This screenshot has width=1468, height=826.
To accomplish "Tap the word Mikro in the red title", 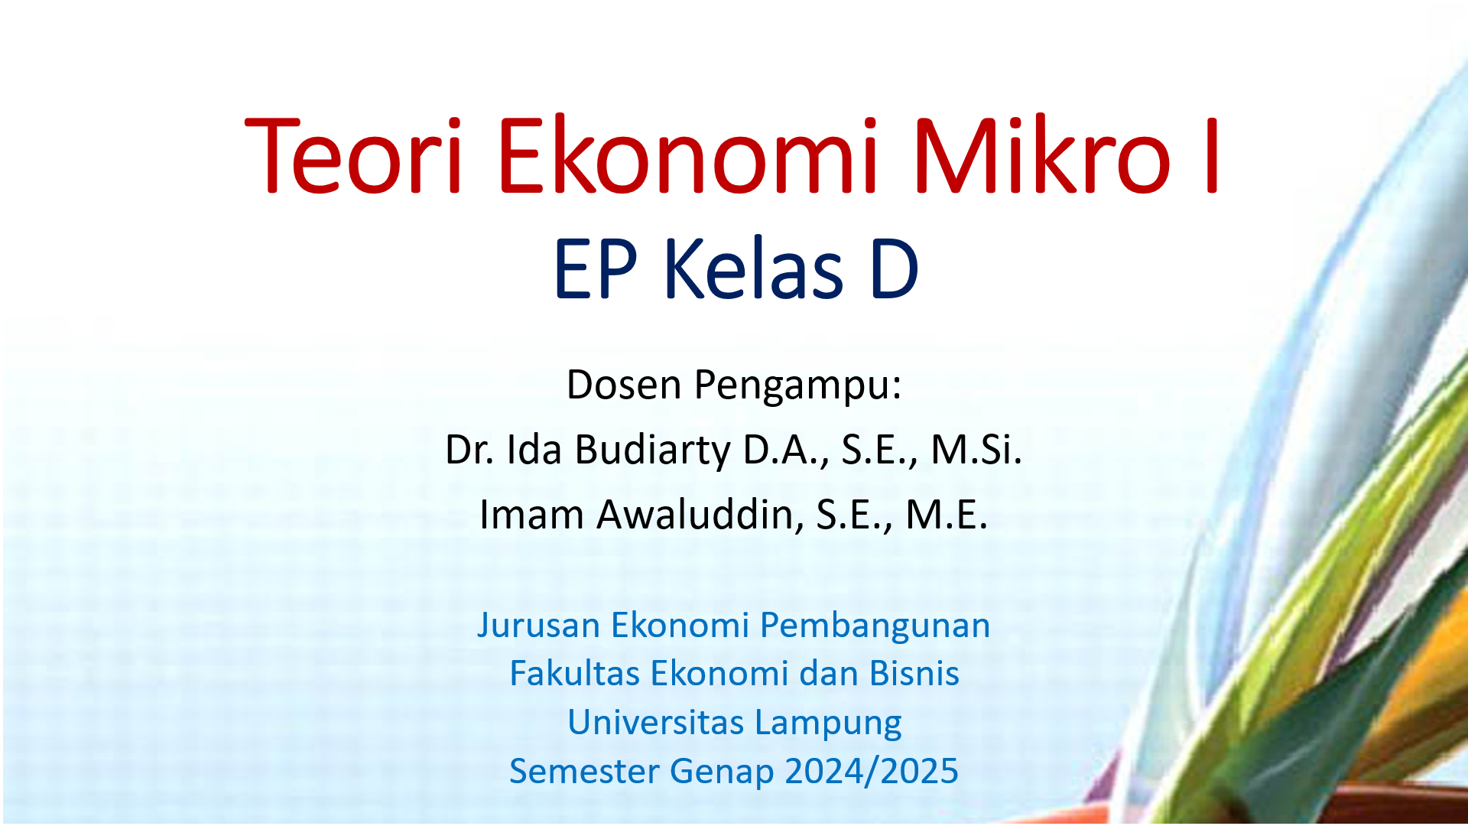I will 1041,156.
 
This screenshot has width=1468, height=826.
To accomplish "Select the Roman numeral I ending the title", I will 1210,156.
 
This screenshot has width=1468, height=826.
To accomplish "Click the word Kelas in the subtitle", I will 753,269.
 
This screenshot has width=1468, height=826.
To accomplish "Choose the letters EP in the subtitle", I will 595,269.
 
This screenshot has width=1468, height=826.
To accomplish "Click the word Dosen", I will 624,384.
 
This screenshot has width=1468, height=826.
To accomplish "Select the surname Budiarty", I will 652,450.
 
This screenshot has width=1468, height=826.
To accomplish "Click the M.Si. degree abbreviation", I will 976,450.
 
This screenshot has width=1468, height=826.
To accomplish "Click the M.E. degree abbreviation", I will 947,515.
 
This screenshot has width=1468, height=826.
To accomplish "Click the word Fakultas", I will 573,674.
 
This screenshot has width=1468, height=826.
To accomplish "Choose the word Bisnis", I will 914,674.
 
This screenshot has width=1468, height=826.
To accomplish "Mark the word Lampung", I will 827,724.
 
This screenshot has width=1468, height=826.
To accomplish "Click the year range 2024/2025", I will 871,771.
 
